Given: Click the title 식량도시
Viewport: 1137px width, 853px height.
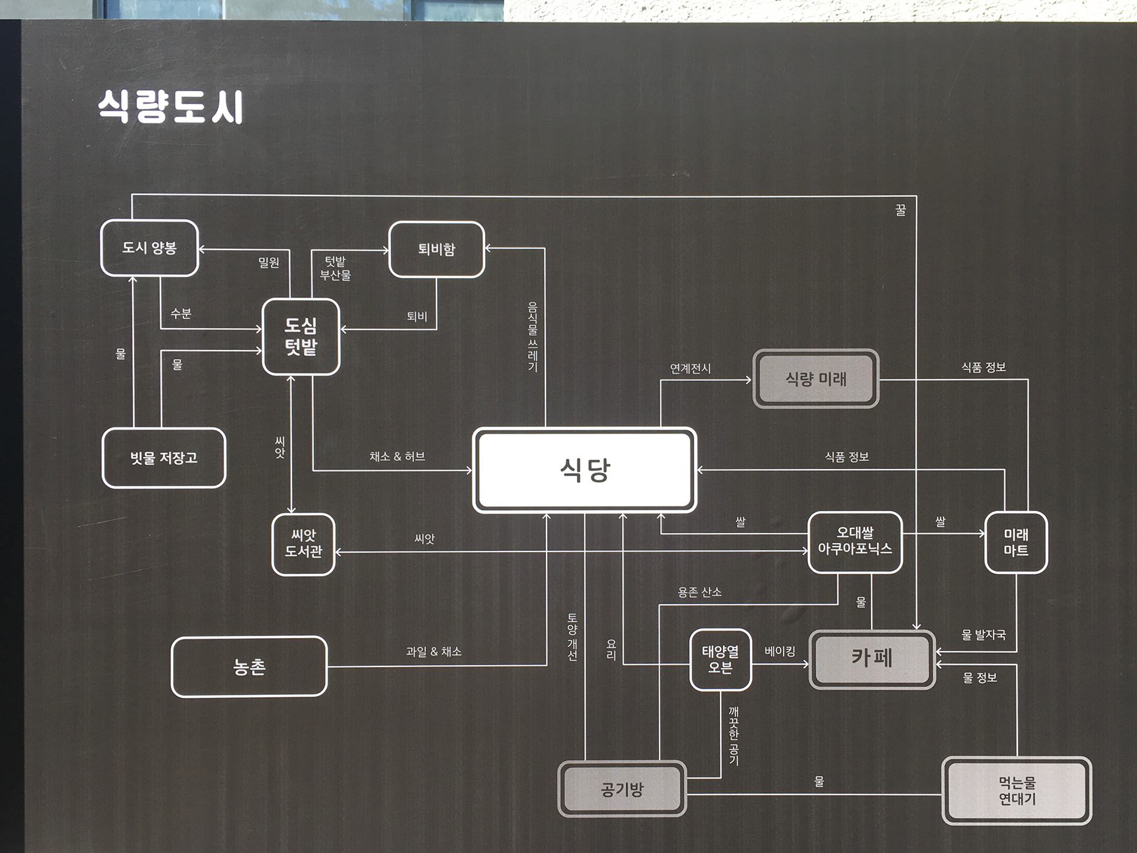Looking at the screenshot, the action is (171, 107).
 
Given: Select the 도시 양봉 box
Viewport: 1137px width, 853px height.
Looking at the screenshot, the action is (149, 248).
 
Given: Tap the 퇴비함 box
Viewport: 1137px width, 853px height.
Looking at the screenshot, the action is (436, 249).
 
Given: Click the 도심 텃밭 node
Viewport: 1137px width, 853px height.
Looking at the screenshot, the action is (301, 336).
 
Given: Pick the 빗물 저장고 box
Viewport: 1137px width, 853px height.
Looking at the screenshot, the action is (164, 457).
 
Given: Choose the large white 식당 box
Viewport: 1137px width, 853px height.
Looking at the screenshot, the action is (584, 470).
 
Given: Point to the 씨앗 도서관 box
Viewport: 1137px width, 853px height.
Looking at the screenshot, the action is (303, 544).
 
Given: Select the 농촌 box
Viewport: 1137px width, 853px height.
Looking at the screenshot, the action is (249, 667).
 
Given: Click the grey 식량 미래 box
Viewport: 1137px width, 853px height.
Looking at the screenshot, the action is (816, 379).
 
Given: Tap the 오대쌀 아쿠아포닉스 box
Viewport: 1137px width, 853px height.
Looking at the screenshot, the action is (855, 541).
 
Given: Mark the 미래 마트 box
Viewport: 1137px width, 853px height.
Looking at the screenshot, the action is (1016, 542).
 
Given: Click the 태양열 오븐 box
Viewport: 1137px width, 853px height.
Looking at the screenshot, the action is (721, 659).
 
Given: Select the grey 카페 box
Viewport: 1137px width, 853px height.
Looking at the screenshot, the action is (872, 659).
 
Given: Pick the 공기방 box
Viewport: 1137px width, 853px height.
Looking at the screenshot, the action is (622, 789).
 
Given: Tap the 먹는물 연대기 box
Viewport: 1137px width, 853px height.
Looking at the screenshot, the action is (1017, 791).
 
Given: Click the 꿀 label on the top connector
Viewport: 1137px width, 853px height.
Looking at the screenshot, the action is (901, 210).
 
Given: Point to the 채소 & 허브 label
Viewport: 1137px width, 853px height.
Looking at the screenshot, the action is (397, 457).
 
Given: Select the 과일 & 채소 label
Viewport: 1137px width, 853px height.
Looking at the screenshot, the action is (433, 652).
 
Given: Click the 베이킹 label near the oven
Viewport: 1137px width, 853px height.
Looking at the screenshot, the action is (780, 652).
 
